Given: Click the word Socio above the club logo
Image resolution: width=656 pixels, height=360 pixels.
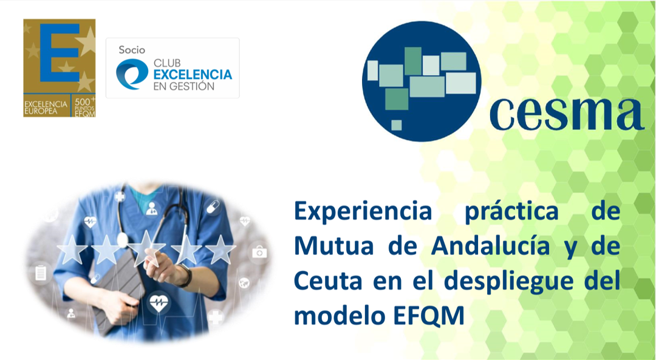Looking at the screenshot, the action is click(x=132, y=50).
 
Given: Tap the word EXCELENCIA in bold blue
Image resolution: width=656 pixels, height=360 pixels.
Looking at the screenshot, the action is click(x=193, y=75).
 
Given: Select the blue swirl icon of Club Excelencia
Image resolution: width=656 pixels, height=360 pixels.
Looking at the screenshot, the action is click(x=132, y=74).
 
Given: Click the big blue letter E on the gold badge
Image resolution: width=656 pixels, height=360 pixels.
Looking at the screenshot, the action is click(x=60, y=53).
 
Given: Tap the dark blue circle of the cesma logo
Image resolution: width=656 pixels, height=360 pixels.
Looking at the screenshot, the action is click(x=422, y=81).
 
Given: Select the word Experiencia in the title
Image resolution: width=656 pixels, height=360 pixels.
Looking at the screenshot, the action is click(x=363, y=211).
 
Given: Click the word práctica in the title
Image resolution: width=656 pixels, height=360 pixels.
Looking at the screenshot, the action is click(x=511, y=211).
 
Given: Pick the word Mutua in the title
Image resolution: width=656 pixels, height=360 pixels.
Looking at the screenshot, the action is click(x=334, y=246).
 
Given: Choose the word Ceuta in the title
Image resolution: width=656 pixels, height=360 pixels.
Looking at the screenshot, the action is click(x=328, y=280).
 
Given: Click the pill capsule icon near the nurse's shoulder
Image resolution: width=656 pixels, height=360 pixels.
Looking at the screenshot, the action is click(x=213, y=206).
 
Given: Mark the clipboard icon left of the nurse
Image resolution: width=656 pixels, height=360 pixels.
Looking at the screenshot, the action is click(x=41, y=273).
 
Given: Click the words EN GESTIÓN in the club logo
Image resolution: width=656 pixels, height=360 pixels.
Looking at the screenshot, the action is click(x=183, y=86).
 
